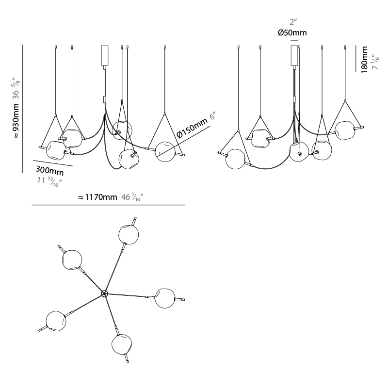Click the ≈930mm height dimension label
pyautogui.click(x=16, y=121)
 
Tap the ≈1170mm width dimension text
pyautogui.click(x=97, y=197)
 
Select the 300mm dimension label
pyautogui.click(x=50, y=170)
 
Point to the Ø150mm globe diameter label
pyautogui.click(x=192, y=128)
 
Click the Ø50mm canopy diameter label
pyautogui.click(x=292, y=32)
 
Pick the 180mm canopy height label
pyautogui.click(x=364, y=60)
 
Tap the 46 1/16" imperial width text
pyautogui.click(x=132, y=197)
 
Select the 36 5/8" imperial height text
pyautogui.click(x=16, y=88)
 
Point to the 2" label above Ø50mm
pyautogui.click(x=293, y=22)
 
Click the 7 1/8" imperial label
pyautogui.click(x=375, y=62)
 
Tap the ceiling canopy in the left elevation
pyautogui.click(x=105, y=55)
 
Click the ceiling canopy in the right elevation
pyautogui.click(x=294, y=55)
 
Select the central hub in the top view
pyautogui.click(x=104, y=294)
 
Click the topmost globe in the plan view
pyautogui.click(x=129, y=235)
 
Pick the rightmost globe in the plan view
pyautogui.click(x=165, y=298)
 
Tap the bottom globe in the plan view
pyautogui.click(x=122, y=344)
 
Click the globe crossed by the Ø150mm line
pyautogui.click(x=165, y=152)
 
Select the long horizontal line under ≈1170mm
pyautogui.click(x=108, y=205)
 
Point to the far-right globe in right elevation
pyautogui.click(x=345, y=130)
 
